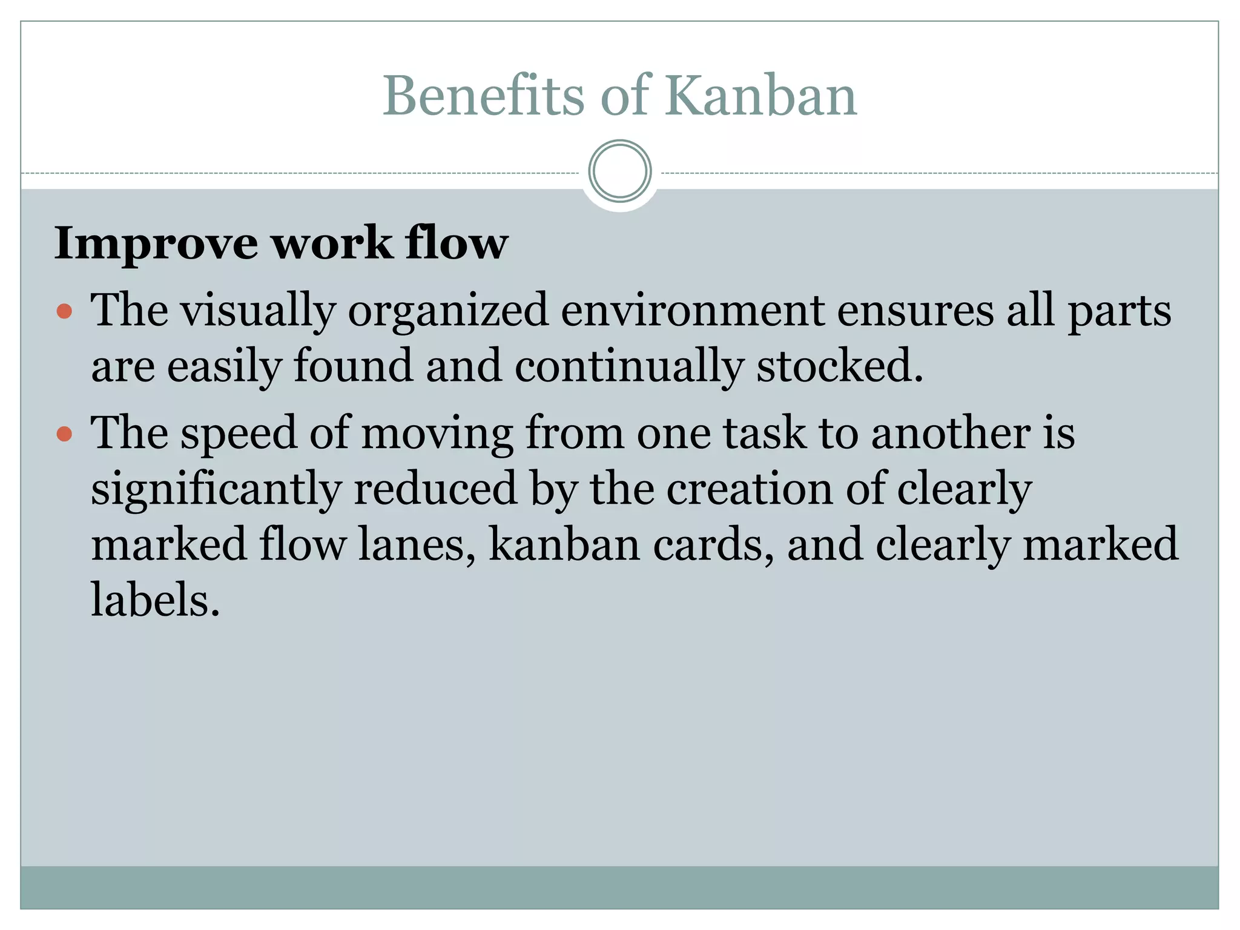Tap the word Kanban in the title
(761, 95)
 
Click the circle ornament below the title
(619, 171)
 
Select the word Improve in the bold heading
(156, 243)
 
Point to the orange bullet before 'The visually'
(64, 312)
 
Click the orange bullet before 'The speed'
(64, 434)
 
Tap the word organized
(448, 310)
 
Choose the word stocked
(840, 366)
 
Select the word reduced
(435, 488)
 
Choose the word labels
(155, 599)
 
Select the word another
(951, 433)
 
